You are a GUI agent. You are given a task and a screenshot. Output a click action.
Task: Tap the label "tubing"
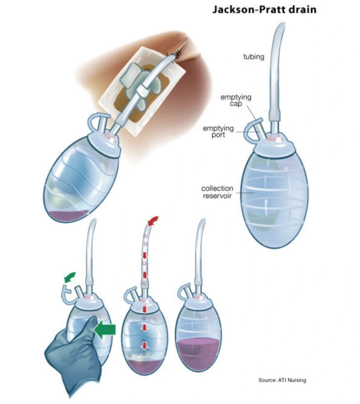[x=253, y=57]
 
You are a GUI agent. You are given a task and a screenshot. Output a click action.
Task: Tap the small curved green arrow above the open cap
[x=72, y=276]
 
